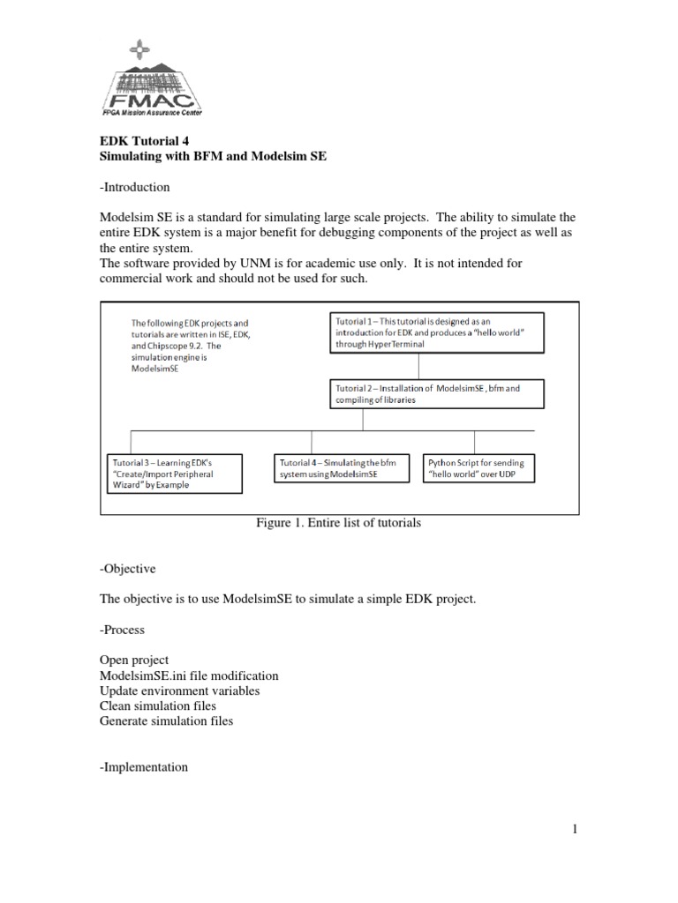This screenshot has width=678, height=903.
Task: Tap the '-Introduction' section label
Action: tap(134, 187)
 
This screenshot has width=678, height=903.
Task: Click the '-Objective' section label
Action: tap(127, 571)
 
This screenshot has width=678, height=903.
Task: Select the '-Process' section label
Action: tap(123, 631)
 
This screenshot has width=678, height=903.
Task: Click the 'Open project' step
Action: tap(134, 660)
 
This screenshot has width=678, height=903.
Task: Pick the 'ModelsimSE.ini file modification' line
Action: tap(189, 675)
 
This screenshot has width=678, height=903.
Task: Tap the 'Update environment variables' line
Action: tap(180, 690)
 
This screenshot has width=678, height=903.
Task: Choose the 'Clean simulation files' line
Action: tap(158, 705)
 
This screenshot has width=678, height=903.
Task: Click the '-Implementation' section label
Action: tap(144, 767)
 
